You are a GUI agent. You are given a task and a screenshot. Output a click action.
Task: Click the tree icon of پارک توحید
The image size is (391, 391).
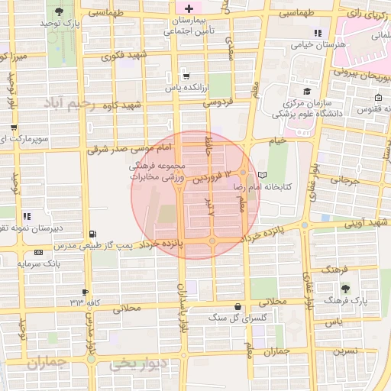60,13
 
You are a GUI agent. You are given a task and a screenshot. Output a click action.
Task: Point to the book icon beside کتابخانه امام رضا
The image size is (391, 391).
263,175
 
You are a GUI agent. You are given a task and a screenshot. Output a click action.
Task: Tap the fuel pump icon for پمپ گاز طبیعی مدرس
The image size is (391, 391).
92,234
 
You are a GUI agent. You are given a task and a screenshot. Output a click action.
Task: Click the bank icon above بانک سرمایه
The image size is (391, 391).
39,253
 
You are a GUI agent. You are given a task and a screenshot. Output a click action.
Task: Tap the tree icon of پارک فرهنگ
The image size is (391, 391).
346,289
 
